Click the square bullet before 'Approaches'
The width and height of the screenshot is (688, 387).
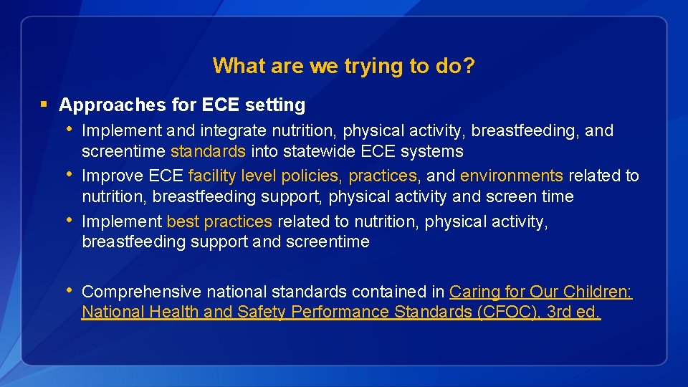pyautogui.click(x=44, y=105)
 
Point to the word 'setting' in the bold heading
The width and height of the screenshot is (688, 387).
pyautogui.click(x=275, y=105)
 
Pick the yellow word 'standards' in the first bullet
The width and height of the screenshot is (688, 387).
pyautogui.click(x=208, y=152)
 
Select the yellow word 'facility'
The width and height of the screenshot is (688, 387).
pyautogui.click(x=212, y=176)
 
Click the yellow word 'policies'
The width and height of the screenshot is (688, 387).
pyautogui.click(x=312, y=176)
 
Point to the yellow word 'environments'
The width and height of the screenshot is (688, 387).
pyautogui.click(x=511, y=176)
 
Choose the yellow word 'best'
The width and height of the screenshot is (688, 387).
pyautogui.click(x=183, y=222)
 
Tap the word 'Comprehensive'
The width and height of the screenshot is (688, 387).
pyautogui.click(x=141, y=292)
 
